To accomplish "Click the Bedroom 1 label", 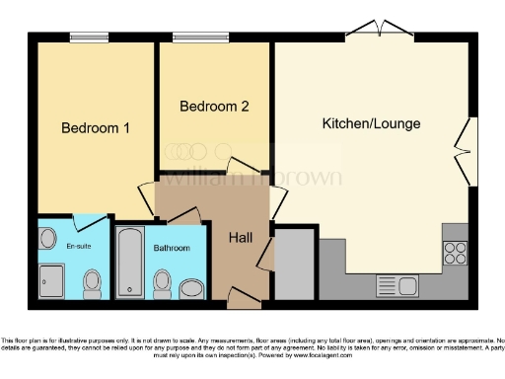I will [x=96, y=128].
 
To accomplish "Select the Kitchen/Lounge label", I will [x=371, y=124].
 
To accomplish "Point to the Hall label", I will [x=241, y=238].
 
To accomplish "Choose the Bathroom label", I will [x=171, y=248].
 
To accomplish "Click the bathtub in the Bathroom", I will [x=129, y=262].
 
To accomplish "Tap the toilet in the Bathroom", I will [x=162, y=283].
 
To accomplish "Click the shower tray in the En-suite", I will [x=51, y=280].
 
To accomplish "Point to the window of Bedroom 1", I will [x=89, y=38].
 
